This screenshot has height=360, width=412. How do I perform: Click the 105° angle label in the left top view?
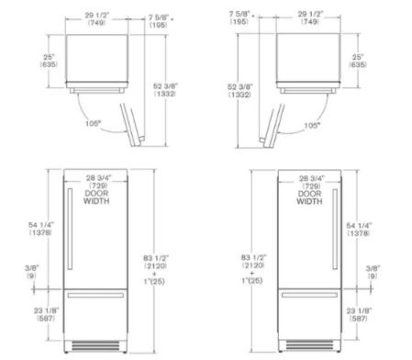(93, 123)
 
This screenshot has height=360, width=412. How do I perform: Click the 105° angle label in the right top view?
(312, 125)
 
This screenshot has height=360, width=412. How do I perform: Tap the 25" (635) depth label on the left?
(49, 61)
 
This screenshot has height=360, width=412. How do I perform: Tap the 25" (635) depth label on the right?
(358, 61)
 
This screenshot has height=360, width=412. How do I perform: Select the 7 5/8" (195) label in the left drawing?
(160, 21)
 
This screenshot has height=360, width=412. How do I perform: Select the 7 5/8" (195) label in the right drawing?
(241, 17)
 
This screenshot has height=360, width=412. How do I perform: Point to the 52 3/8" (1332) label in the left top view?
(165, 90)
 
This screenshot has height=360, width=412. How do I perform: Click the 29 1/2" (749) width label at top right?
(310, 17)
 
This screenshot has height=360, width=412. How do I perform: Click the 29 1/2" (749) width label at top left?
(96, 18)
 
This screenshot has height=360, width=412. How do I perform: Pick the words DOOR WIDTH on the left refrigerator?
(96, 197)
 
